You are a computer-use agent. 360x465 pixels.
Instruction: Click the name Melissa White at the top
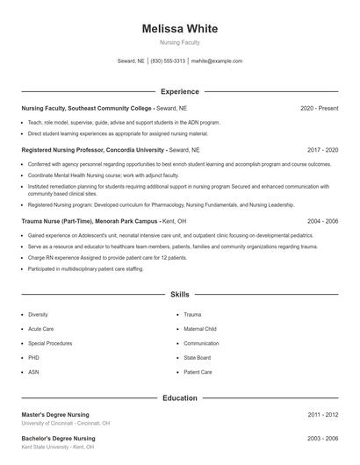(179, 29)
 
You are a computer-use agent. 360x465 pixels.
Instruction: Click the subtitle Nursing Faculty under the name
(179, 42)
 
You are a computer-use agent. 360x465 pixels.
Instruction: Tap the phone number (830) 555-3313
(168, 61)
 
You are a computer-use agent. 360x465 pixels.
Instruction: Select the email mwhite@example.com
(216, 61)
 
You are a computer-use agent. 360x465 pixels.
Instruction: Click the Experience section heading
(179, 91)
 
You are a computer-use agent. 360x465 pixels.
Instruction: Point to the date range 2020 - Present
(319, 108)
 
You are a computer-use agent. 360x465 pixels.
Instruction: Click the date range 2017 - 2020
(322, 150)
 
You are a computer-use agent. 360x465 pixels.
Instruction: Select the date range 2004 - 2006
(322, 222)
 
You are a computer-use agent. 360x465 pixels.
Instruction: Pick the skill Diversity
(38, 314)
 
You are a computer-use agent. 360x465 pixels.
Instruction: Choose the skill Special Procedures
(49, 343)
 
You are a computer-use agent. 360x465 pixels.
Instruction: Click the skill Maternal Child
(199, 329)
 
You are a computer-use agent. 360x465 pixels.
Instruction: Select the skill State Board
(197, 358)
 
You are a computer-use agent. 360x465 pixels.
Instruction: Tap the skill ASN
(33, 372)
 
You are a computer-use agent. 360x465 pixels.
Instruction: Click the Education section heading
(179, 398)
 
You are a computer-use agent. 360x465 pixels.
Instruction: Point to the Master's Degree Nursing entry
(55, 414)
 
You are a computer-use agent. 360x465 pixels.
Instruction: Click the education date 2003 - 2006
(322, 438)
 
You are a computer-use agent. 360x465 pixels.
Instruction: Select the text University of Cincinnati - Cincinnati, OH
(66, 423)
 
